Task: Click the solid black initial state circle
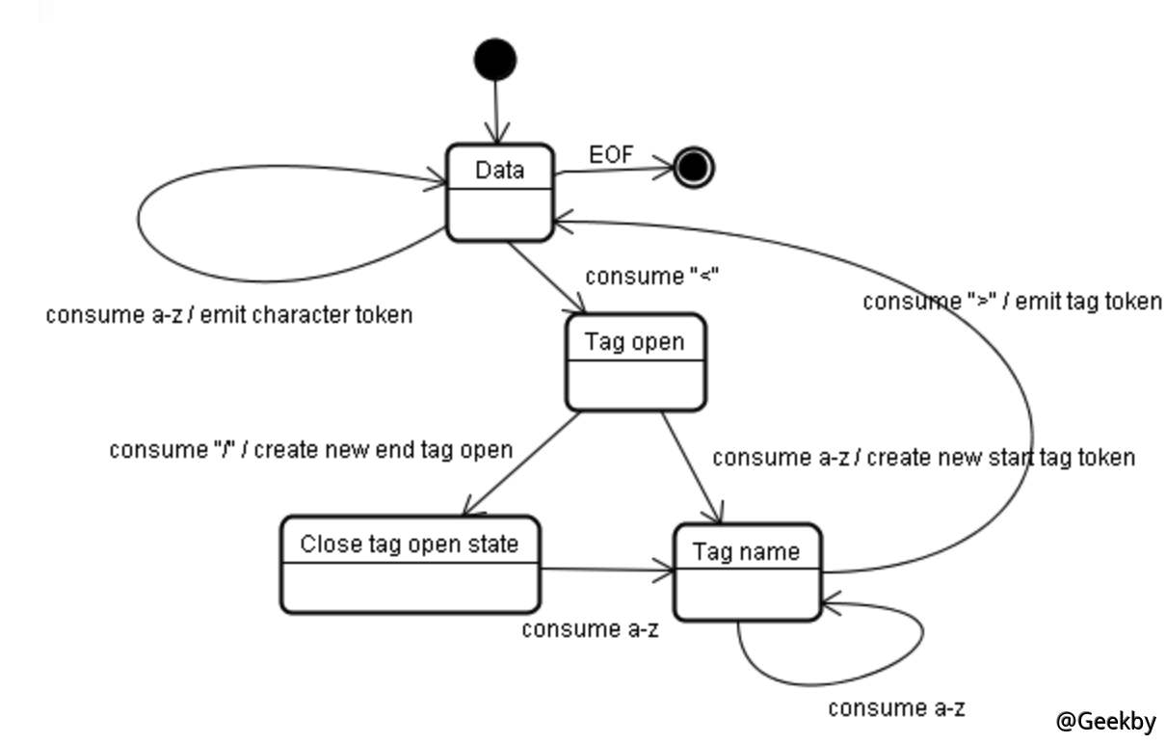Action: [x=495, y=60]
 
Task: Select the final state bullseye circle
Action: [x=693, y=168]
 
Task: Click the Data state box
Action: [x=500, y=192]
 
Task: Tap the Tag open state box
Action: [x=635, y=361]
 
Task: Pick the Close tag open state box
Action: [x=410, y=564]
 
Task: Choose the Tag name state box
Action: [x=747, y=571]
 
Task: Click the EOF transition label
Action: [x=611, y=154]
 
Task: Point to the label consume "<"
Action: [x=652, y=277]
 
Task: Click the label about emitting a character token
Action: [x=229, y=315]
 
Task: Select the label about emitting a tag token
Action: [x=1012, y=302]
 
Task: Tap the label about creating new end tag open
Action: [x=310, y=450]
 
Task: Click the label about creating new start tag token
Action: [x=923, y=458]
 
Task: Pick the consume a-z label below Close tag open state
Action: [x=590, y=630]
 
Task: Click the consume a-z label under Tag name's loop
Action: [x=895, y=709]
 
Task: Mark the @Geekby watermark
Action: [x=1105, y=721]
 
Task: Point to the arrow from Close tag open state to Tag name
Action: [x=607, y=571]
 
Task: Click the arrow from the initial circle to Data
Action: [x=496, y=111]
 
